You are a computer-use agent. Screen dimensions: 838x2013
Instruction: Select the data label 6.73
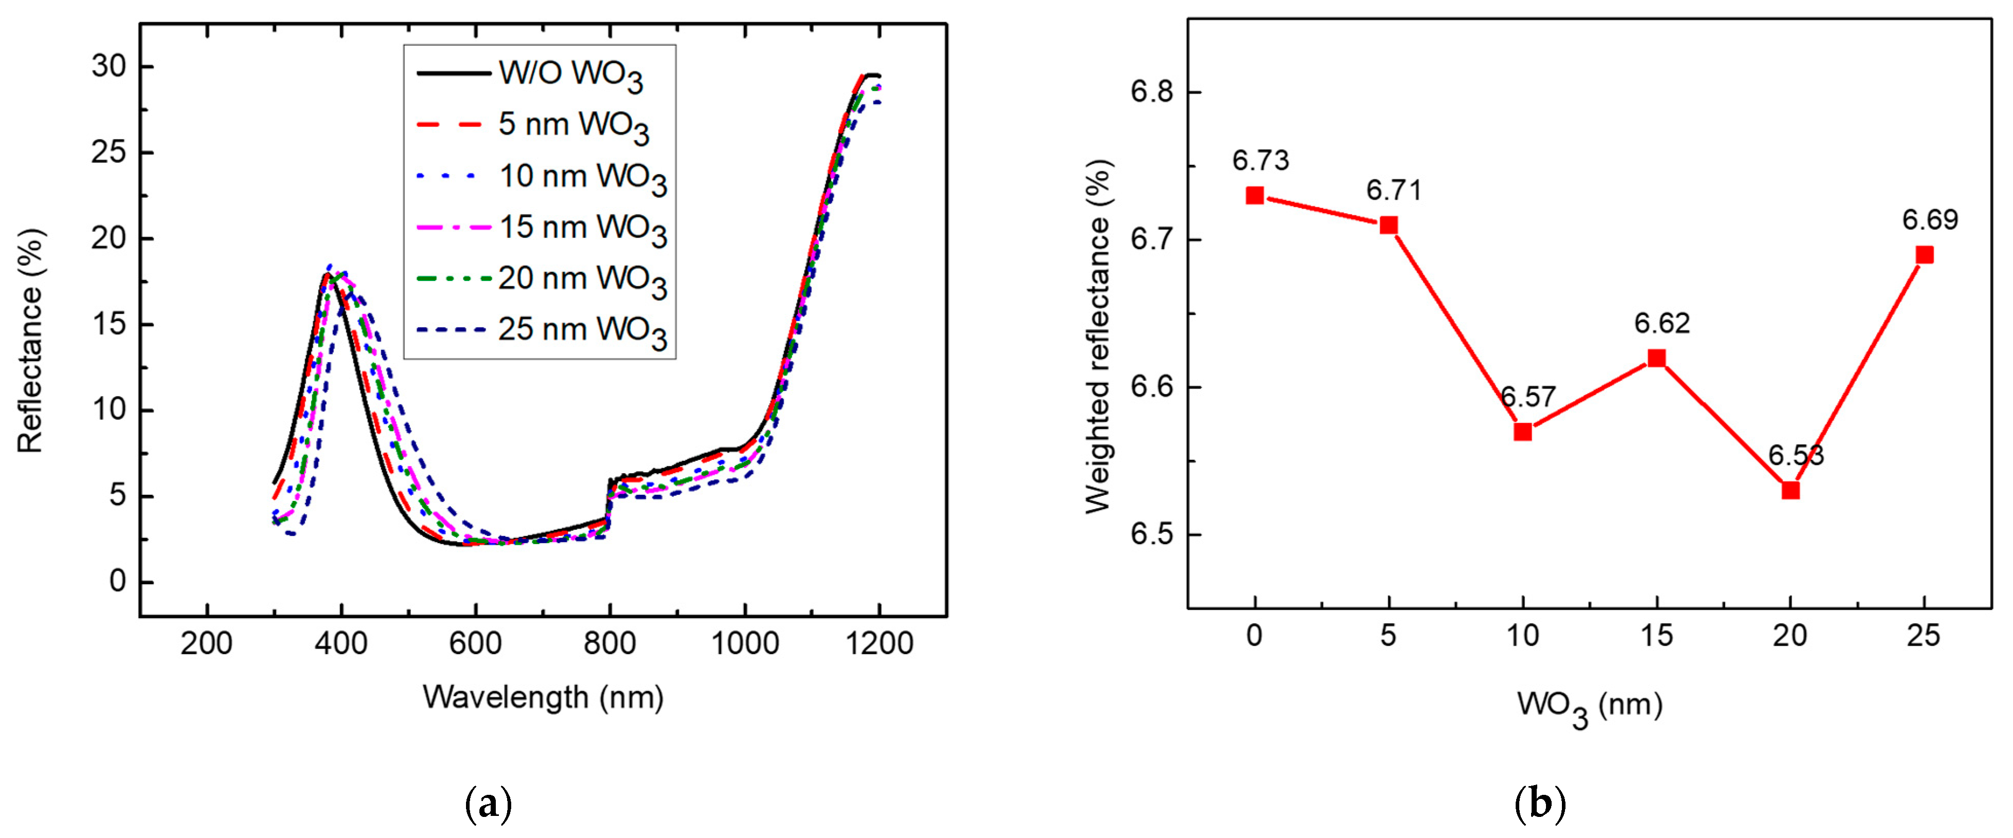coord(1260,160)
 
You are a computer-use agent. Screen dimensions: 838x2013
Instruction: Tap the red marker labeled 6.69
coord(1925,255)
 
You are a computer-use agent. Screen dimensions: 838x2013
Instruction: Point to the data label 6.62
coord(1662,323)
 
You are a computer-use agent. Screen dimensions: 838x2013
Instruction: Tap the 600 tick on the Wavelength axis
coord(475,643)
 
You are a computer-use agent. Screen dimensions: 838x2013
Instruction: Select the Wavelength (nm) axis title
coord(543,697)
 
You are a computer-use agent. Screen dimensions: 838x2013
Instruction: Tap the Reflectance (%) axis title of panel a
coord(30,340)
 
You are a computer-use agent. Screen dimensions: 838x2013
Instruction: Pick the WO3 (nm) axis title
coord(1590,706)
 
